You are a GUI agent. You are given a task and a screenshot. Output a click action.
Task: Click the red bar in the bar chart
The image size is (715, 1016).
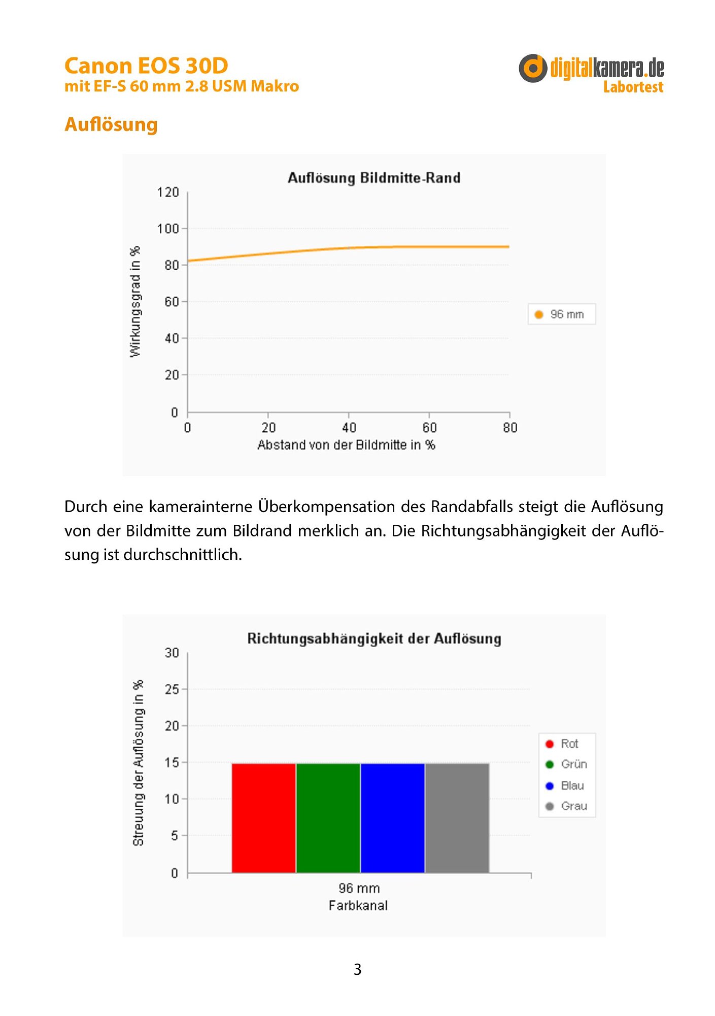point(264,818)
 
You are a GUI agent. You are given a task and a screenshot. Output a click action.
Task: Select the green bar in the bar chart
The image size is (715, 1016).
point(328,818)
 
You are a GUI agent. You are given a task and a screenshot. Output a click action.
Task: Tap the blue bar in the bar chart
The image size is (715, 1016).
point(393,818)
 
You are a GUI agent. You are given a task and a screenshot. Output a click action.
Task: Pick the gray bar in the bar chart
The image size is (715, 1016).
point(457,818)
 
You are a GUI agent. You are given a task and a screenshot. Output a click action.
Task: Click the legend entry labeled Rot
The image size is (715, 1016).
point(562,744)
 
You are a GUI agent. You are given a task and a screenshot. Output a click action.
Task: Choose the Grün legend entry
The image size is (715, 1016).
point(566,765)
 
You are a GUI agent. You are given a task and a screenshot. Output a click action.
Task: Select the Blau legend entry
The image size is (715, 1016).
point(565,786)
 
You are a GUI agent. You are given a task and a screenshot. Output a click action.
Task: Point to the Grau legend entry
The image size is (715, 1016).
point(566,806)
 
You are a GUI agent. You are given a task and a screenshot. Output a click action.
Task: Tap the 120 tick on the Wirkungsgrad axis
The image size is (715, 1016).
point(168,193)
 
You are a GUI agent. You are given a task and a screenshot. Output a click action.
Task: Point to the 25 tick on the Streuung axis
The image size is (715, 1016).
point(172,689)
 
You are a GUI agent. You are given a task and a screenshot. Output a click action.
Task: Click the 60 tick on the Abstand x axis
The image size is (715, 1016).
point(429,428)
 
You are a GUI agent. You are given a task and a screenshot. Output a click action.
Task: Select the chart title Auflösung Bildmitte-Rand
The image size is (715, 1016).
point(374,178)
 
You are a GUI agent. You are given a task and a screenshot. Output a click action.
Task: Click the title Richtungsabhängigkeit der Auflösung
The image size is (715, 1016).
point(374,639)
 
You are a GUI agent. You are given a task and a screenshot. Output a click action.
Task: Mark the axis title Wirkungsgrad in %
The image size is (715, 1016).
point(135,302)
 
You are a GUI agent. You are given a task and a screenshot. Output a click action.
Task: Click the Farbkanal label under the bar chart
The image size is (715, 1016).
point(358,905)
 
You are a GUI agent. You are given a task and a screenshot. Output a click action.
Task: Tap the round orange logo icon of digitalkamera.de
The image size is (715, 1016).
point(533,68)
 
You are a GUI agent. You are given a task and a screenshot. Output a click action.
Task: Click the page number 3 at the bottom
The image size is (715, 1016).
point(358,969)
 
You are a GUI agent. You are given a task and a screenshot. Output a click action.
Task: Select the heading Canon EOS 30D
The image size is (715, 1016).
point(146,66)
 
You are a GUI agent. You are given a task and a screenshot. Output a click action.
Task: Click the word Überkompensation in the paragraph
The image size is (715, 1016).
point(342,506)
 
